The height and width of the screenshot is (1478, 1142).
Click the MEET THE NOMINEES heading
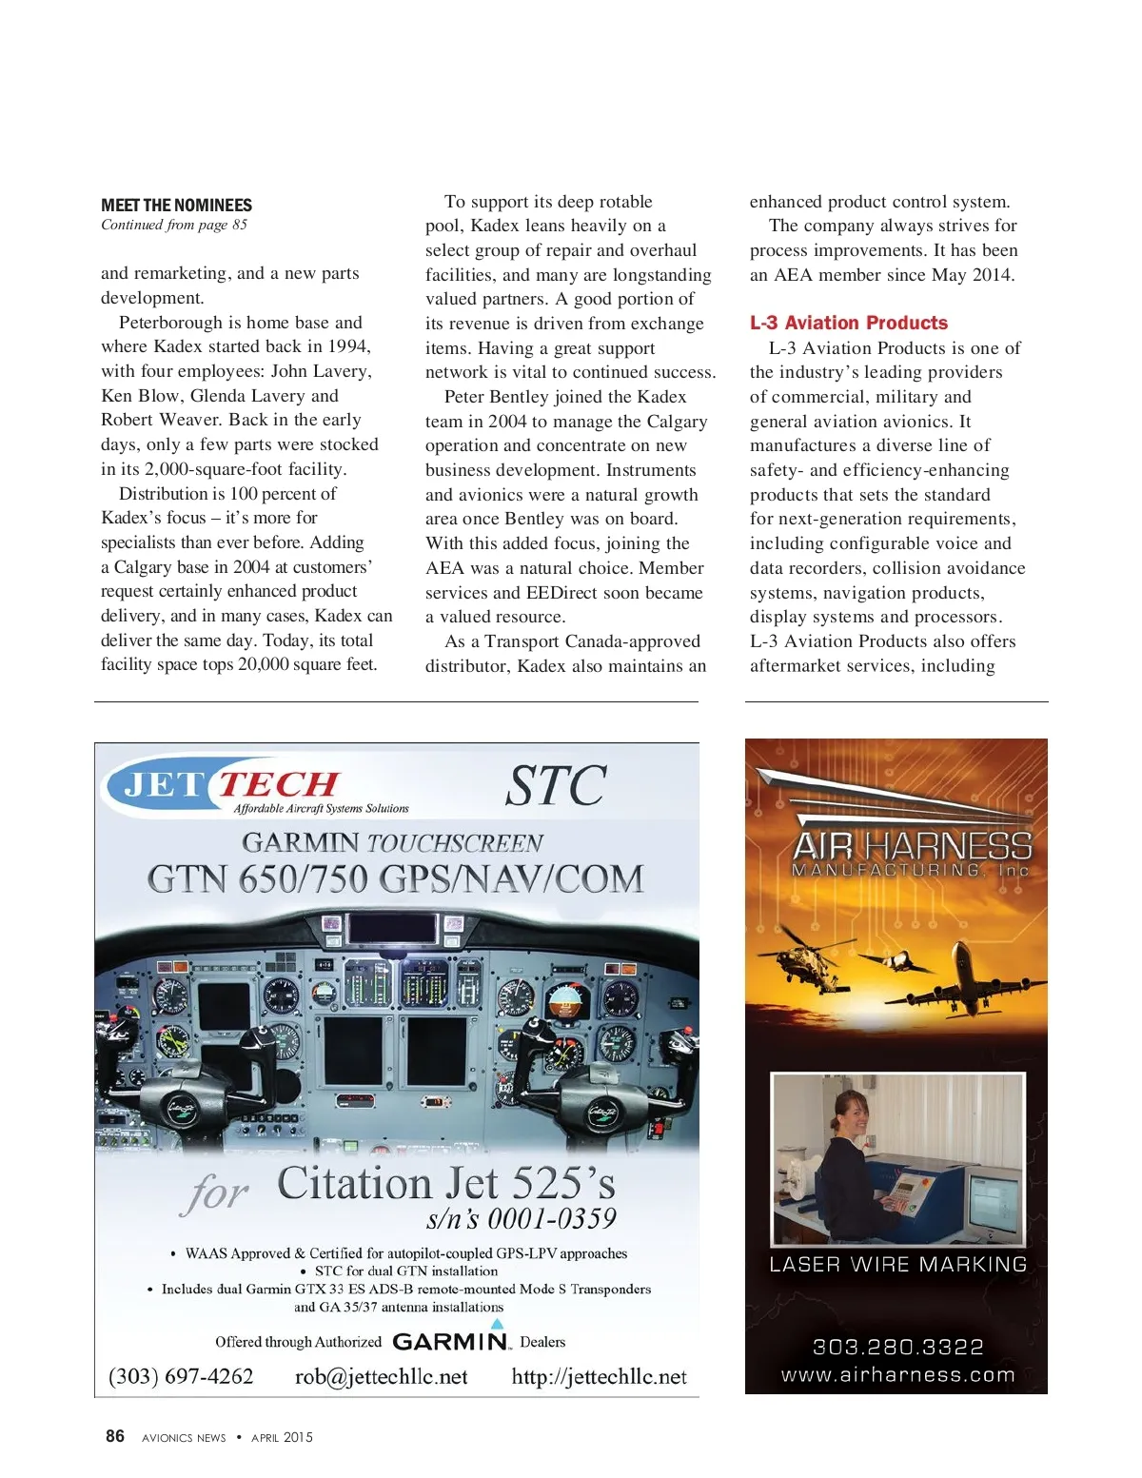pyautogui.click(x=176, y=206)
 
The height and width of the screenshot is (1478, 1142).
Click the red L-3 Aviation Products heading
pyautogui.click(x=848, y=323)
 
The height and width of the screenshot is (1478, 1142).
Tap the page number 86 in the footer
pyautogui.click(x=114, y=1436)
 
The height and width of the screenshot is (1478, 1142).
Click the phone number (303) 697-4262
pyautogui.click(x=181, y=1376)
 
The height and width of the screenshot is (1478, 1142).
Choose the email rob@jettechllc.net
pyautogui.click(x=381, y=1376)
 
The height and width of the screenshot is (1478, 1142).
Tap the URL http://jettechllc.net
pyautogui.click(x=599, y=1376)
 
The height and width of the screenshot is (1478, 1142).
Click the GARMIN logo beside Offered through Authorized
pyautogui.click(x=451, y=1341)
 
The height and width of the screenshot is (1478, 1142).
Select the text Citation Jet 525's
pyautogui.click(x=445, y=1183)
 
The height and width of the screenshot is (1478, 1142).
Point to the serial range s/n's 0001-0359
pyautogui.click(x=521, y=1219)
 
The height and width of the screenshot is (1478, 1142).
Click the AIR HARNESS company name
pyautogui.click(x=911, y=845)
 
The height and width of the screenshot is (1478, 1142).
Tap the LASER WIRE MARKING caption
pyautogui.click(x=897, y=1264)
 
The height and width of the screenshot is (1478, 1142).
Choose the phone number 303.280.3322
pyautogui.click(x=897, y=1346)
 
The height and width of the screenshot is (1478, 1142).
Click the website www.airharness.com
pyautogui.click(x=897, y=1374)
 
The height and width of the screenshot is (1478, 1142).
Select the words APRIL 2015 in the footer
pyautogui.click(x=282, y=1437)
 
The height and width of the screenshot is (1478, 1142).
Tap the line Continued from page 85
pyautogui.click(x=174, y=226)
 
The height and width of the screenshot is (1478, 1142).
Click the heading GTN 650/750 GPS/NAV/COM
pyautogui.click(x=395, y=878)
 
